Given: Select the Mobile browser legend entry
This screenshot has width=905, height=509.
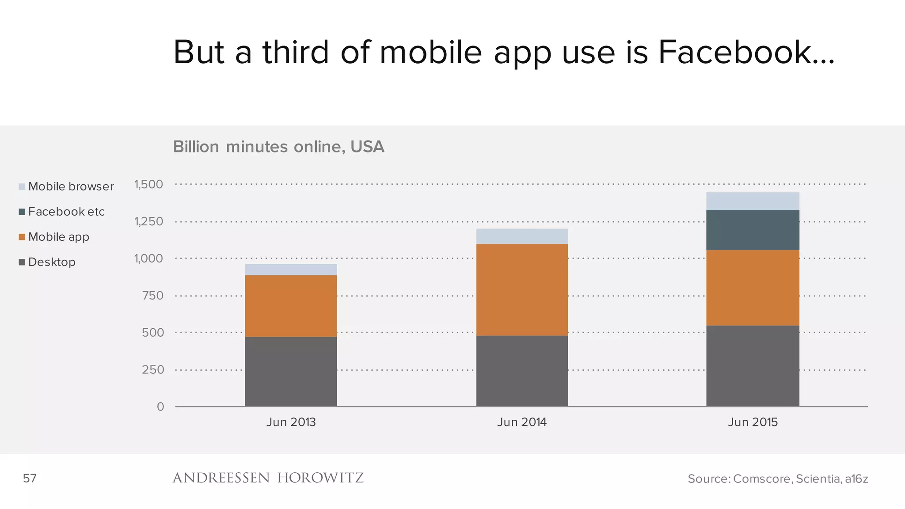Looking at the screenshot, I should click(66, 186).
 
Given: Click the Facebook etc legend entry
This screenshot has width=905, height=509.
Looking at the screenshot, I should click(62, 212).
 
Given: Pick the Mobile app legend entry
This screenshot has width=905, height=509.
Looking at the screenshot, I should click(54, 237).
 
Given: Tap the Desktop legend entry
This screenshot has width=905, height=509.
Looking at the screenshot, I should click(47, 262).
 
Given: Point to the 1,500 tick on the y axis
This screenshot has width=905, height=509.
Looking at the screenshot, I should click(149, 184).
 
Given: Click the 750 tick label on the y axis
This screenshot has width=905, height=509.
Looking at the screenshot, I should click(153, 296).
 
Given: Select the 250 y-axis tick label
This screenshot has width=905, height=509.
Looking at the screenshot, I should click(153, 369).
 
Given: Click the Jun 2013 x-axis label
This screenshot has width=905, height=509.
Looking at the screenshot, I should click(291, 422).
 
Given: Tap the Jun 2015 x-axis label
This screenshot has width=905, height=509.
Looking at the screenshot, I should click(753, 422).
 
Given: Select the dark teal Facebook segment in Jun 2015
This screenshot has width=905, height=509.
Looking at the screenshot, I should click(753, 230).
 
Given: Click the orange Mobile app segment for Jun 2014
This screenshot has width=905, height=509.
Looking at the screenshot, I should click(522, 289).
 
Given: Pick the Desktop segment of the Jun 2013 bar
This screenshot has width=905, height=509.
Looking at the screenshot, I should click(291, 371).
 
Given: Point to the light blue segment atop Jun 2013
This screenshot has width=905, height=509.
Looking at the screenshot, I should click(291, 270).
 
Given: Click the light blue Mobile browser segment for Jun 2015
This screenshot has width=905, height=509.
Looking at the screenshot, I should click(753, 201).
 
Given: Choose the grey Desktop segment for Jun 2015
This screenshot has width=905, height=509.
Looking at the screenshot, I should click(753, 366).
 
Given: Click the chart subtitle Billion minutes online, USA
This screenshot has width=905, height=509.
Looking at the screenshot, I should click(278, 147).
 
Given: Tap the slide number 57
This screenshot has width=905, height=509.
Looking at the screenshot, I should click(30, 478).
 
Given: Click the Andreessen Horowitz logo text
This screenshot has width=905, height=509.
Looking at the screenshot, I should click(268, 478).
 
